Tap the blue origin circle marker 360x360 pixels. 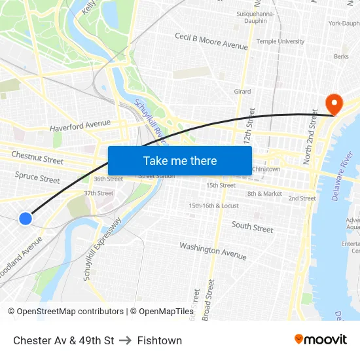click(x=26, y=219)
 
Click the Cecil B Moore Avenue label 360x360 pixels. click(x=211, y=41)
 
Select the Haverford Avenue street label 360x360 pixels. click(x=80, y=124)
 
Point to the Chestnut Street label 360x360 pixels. click(x=37, y=158)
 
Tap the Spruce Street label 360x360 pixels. click(x=37, y=177)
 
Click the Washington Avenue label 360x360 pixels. click(x=213, y=250)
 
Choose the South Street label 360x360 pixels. click(x=252, y=227)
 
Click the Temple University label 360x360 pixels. click(x=280, y=41)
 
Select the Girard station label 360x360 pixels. click(x=242, y=92)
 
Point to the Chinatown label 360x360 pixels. click(x=266, y=170)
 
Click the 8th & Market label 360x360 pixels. click(x=264, y=194)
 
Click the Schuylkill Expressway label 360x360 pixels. click(x=102, y=249)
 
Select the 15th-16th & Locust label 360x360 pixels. click(x=213, y=206)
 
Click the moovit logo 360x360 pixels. click(x=320, y=339)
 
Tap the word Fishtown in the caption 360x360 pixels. click(x=160, y=340)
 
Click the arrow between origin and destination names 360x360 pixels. click(x=126, y=340)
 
